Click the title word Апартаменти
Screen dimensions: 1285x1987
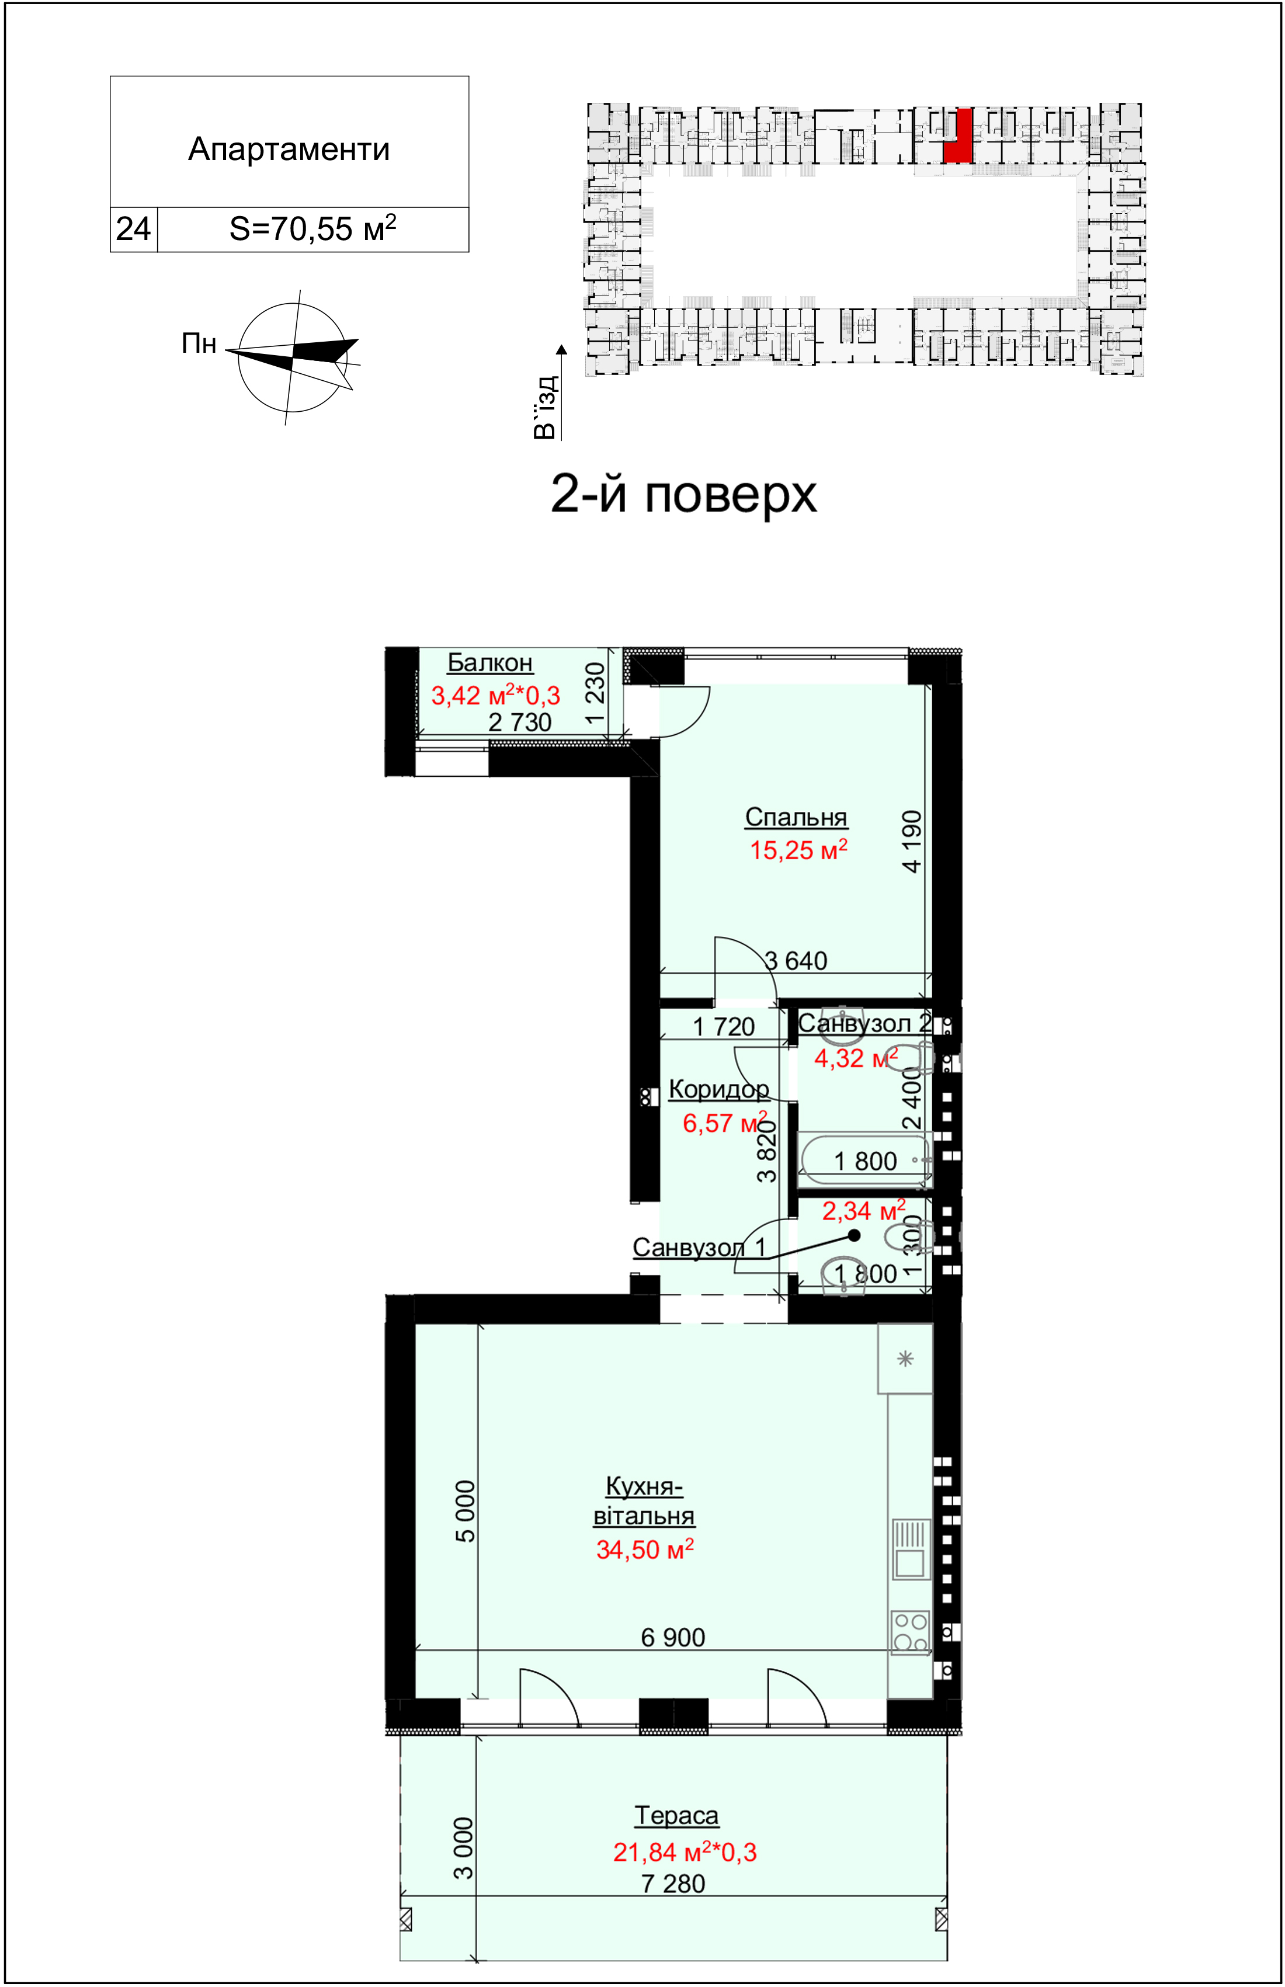pos(289,150)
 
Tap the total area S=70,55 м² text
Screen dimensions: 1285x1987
pos(313,228)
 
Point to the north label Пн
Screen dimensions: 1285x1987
pos(199,343)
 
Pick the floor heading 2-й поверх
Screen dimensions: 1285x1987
pos(683,494)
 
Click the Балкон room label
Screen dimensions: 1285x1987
pos(490,662)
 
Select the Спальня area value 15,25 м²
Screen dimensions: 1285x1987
pos(798,850)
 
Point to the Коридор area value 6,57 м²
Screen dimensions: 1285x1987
pos(725,1122)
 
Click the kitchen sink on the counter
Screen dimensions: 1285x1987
pos(911,1549)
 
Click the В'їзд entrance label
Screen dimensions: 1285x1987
pos(545,408)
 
